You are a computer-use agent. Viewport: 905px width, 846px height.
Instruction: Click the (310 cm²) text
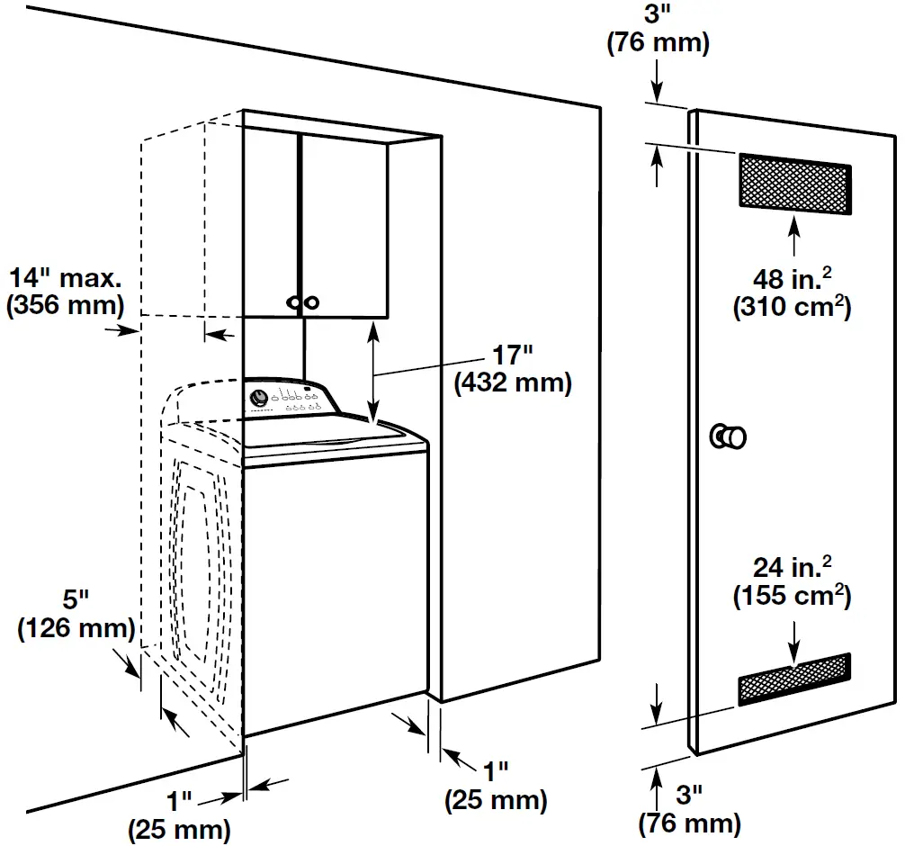tap(792, 308)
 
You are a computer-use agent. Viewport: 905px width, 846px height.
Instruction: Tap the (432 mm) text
tap(513, 382)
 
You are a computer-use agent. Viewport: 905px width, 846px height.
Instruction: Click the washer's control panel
tap(288, 399)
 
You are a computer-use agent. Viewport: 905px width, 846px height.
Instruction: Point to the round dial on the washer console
tap(259, 396)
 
